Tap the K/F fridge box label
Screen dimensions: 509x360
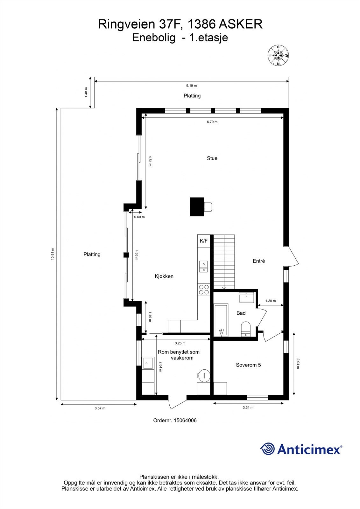[204, 241]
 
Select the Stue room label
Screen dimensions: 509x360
[212, 158]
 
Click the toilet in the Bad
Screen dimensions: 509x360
[246, 329]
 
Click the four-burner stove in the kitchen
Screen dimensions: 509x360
[204, 289]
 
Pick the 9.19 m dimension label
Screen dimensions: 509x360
[191, 86]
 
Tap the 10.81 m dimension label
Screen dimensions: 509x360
[53, 254]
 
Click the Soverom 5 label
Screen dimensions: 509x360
[248, 365]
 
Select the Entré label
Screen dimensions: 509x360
[259, 261]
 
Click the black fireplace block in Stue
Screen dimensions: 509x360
[197, 207]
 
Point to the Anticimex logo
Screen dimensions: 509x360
[301, 449]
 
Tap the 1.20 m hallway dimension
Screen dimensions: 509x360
[271, 301]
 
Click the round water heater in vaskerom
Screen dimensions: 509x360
[204, 375]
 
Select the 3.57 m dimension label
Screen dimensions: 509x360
[100, 408]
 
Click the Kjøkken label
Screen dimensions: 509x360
[164, 276]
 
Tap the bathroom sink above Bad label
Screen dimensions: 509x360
[246, 298]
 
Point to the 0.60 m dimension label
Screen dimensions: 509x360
[139, 217]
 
